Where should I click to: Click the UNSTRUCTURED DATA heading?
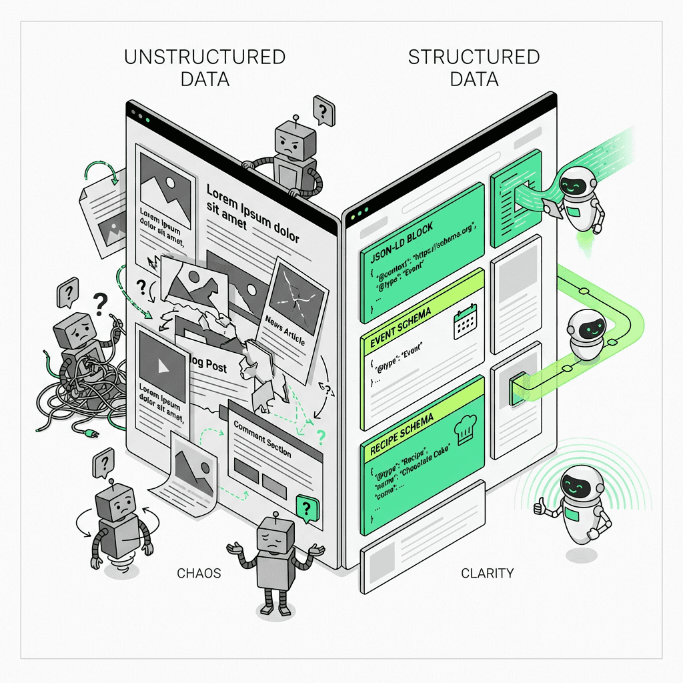(205, 67)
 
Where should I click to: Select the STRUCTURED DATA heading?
(474, 67)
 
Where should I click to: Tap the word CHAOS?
(199, 573)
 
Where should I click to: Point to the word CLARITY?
(487, 573)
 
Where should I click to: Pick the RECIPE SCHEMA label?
(402, 434)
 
